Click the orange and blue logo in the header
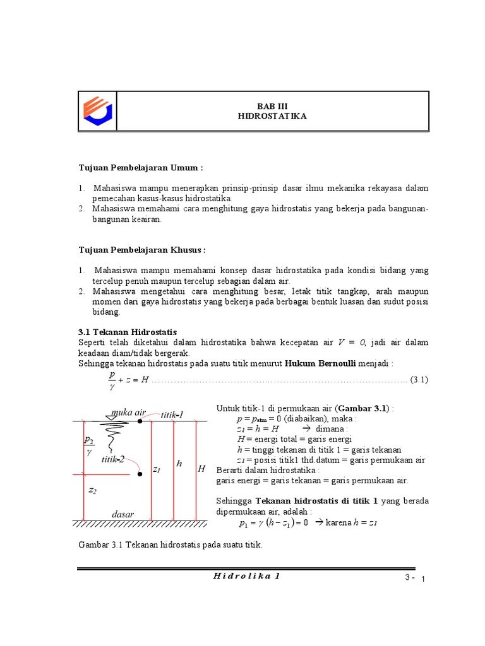(x=98, y=111)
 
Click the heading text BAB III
(x=272, y=106)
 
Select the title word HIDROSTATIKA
(x=272, y=117)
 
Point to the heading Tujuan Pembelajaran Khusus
(x=142, y=250)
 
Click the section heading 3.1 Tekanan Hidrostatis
(x=128, y=332)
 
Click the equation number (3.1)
(x=419, y=379)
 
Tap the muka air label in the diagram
(x=128, y=413)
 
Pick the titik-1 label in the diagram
(x=172, y=414)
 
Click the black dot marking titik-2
(x=140, y=474)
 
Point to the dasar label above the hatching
(x=123, y=514)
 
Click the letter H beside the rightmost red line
(x=201, y=469)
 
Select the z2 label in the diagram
(x=92, y=490)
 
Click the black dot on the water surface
(x=140, y=421)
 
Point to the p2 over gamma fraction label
(x=89, y=445)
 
